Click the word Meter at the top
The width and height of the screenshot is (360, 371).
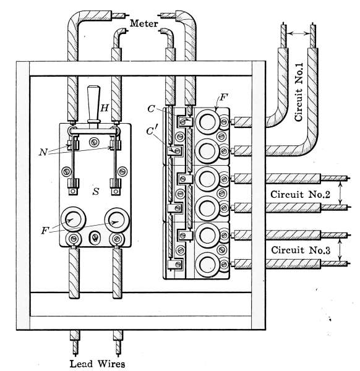pyautogui.click(x=144, y=23)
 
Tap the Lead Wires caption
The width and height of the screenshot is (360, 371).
pyautogui.click(x=97, y=364)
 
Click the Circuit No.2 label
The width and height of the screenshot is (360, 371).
pyautogui.click(x=300, y=195)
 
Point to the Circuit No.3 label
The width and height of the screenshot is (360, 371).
pyautogui.click(x=301, y=250)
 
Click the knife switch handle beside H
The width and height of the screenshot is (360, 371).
pyautogui.click(x=94, y=104)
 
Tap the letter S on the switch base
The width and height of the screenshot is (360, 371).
pyautogui.click(x=96, y=191)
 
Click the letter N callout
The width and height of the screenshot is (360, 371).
pyautogui.click(x=43, y=152)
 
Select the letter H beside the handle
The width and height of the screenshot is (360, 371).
pyautogui.click(x=105, y=108)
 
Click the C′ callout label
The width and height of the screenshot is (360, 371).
pyautogui.click(x=151, y=131)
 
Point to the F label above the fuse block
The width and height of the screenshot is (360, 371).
pyautogui.click(x=223, y=97)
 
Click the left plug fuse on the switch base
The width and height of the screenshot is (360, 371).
pyautogui.click(x=73, y=220)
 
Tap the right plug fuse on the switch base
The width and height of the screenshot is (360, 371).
pyautogui.click(x=117, y=220)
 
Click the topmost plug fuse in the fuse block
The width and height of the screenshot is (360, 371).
pyautogui.click(x=208, y=122)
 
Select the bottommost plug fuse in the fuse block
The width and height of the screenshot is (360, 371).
pyautogui.click(x=208, y=265)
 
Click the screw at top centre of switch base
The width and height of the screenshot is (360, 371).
pyautogui.click(x=94, y=142)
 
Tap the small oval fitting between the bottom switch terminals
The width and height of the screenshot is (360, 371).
pyautogui.click(x=95, y=237)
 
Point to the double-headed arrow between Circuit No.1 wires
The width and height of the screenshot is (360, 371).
pyautogui.click(x=299, y=34)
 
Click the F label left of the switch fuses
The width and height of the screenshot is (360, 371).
pyautogui.click(x=45, y=230)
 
